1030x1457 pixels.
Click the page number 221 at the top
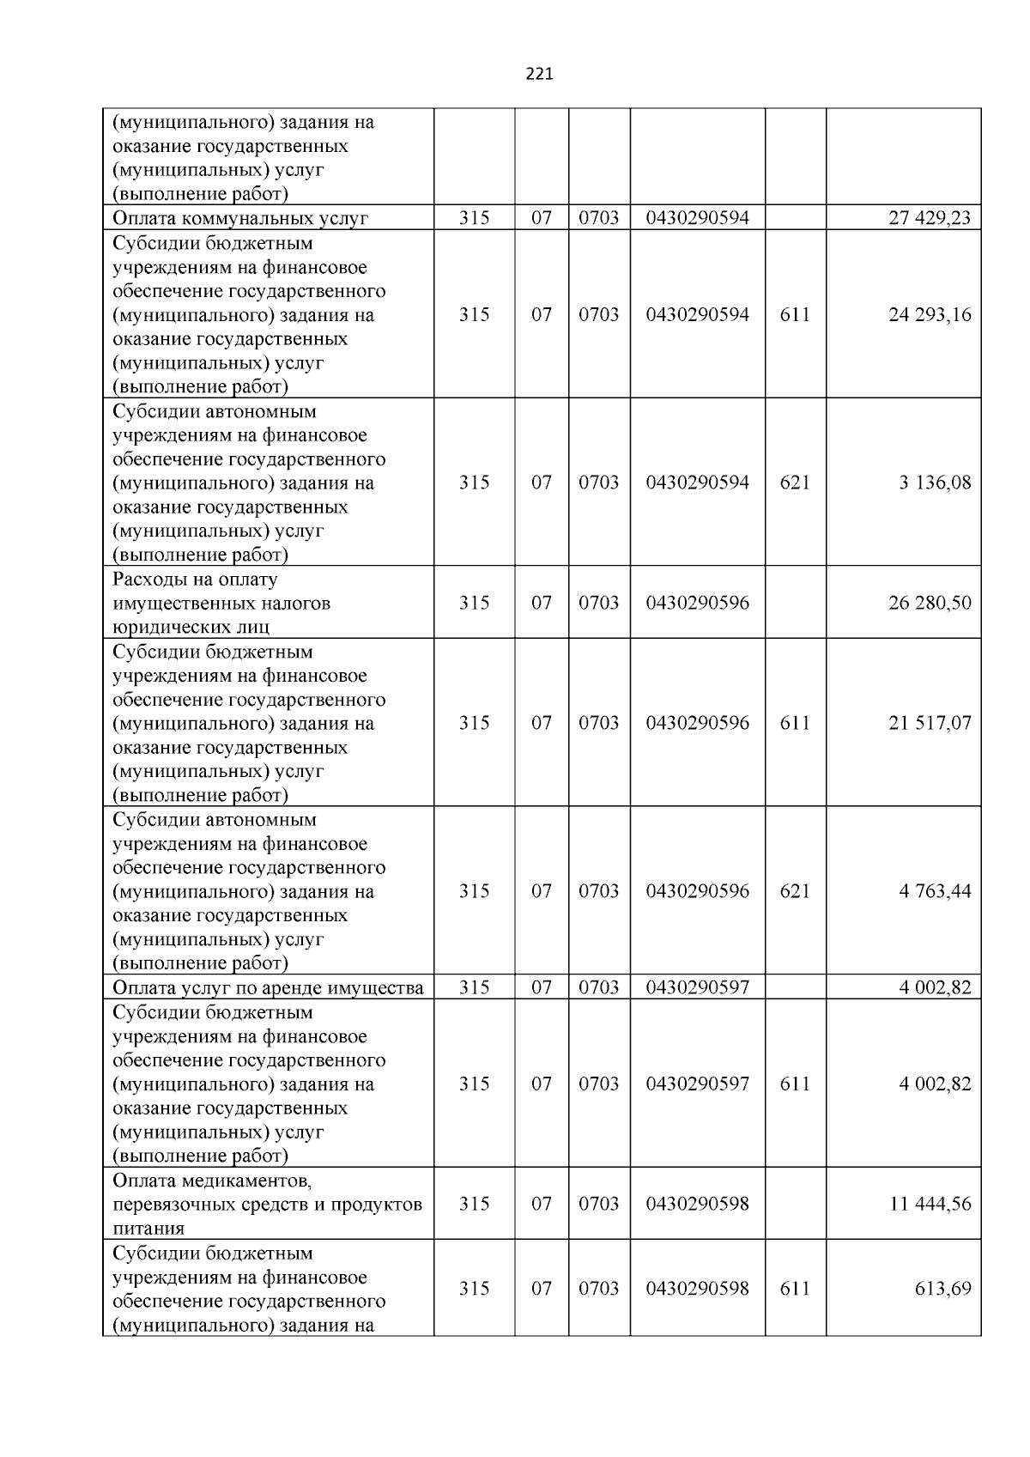click(539, 74)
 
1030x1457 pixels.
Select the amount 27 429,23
click(930, 218)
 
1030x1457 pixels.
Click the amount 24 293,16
click(930, 314)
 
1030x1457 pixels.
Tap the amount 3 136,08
click(935, 483)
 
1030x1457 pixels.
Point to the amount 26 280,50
click(930, 603)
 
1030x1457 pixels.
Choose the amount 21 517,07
click(930, 723)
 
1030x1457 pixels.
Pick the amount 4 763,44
click(935, 891)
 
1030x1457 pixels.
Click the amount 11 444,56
click(930, 1204)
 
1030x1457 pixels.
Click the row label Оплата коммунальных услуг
click(240, 218)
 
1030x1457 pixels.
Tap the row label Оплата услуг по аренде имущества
click(268, 987)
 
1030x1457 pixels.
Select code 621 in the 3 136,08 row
click(795, 483)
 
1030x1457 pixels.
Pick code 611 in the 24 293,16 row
click(795, 314)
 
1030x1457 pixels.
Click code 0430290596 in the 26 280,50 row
click(697, 603)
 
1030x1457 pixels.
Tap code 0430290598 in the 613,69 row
click(697, 1289)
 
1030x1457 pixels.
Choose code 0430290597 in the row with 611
click(697, 1084)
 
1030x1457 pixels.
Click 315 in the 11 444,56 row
click(474, 1204)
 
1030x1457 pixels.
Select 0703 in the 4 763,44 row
click(598, 891)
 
